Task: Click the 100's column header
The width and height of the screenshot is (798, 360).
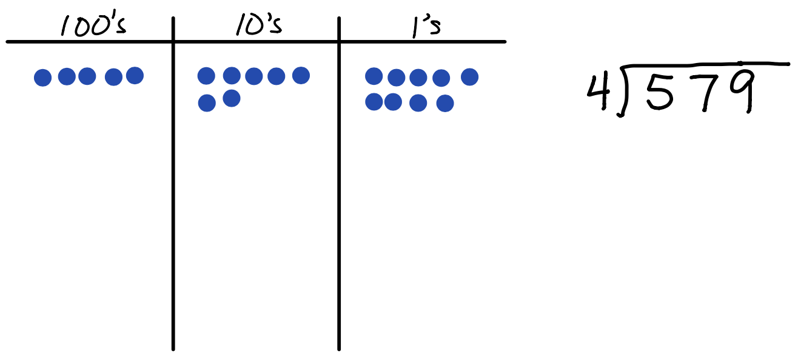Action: tap(93, 25)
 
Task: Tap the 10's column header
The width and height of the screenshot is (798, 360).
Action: tap(259, 25)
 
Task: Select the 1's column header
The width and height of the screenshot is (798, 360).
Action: tap(426, 27)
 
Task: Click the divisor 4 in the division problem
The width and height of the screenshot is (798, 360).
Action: tap(598, 92)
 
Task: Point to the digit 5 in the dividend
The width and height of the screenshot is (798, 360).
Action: tap(660, 93)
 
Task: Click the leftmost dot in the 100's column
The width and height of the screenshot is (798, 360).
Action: tap(42, 77)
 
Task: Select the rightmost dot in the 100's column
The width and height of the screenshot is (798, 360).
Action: tap(135, 76)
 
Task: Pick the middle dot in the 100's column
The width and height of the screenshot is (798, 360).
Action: tap(87, 76)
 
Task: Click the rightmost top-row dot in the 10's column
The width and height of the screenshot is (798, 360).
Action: tap(301, 76)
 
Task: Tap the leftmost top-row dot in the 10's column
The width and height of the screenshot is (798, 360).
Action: tap(206, 76)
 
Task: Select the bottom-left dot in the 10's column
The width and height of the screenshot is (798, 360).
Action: tap(207, 103)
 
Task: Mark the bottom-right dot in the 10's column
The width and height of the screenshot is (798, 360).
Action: tap(232, 98)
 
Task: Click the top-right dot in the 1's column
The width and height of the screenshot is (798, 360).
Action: tap(469, 77)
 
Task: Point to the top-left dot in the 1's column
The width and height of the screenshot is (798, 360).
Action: tap(374, 76)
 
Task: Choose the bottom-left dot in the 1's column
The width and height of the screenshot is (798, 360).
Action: tap(374, 102)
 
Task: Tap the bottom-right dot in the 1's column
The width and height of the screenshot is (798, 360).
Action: tap(445, 103)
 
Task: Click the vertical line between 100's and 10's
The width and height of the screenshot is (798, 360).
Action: tap(173, 184)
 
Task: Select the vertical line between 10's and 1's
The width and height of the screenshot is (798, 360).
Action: tap(339, 184)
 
